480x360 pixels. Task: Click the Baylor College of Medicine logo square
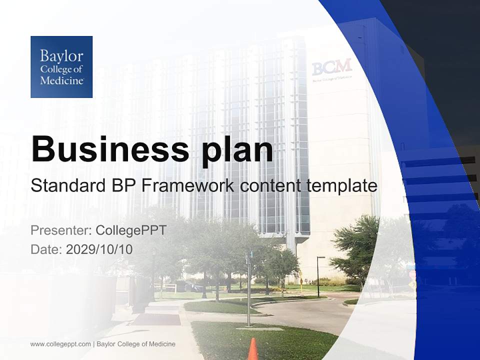pos(61,67)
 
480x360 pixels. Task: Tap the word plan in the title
pos(238,149)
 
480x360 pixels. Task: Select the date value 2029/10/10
pos(99,249)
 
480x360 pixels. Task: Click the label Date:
pos(46,249)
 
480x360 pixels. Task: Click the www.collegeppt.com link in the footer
pos(60,344)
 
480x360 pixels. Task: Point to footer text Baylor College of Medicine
pos(136,344)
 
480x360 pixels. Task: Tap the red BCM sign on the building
pos(331,66)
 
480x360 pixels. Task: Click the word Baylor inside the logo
pos(61,55)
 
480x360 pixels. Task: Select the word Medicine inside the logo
pos(61,80)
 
